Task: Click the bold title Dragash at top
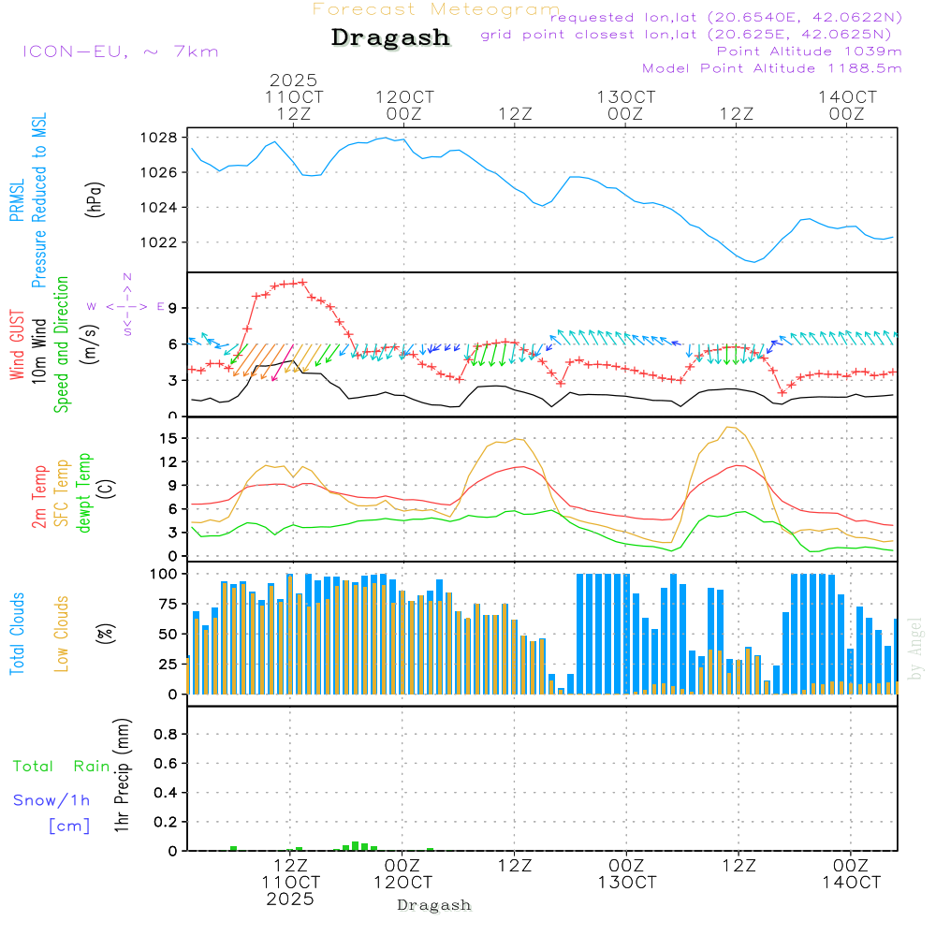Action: tap(390, 37)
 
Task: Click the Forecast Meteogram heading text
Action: tap(436, 9)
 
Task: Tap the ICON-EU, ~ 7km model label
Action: tap(120, 51)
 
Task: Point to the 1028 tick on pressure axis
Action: tap(159, 138)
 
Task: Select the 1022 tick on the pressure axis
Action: tap(159, 242)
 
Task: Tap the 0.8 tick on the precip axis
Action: tap(166, 735)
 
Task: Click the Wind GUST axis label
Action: tap(17, 347)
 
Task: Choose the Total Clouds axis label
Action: tap(17, 634)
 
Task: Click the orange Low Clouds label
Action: tap(62, 634)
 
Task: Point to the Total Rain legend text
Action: tap(62, 766)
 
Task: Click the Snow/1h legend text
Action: tap(52, 800)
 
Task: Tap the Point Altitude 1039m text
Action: tap(809, 51)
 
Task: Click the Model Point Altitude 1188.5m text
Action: tap(771, 67)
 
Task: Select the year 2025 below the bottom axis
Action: tap(290, 899)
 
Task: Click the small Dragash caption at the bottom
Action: tap(433, 905)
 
